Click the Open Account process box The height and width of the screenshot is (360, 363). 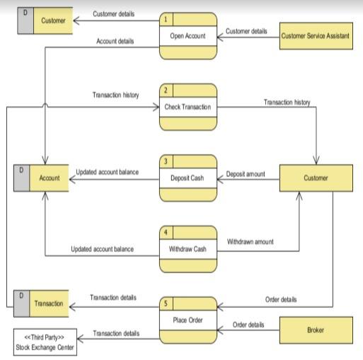pyautogui.click(x=188, y=35)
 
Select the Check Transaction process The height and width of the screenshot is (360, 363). pyautogui.click(x=188, y=107)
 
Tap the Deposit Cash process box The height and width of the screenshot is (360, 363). pyautogui.click(x=188, y=178)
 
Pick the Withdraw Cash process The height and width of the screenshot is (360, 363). pyautogui.click(x=188, y=249)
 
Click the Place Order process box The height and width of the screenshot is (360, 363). pyautogui.click(x=188, y=320)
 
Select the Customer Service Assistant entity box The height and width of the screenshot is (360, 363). pyautogui.click(x=315, y=35)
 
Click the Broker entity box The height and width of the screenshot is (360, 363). pyautogui.click(x=316, y=330)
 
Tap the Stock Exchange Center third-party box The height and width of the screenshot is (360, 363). pyautogui.click(x=44, y=342)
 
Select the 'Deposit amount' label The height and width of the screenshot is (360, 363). pyautogui.click(x=246, y=173)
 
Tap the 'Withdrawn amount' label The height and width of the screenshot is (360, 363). pyautogui.click(x=250, y=242)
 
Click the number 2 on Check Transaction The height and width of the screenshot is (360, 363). pyautogui.click(x=166, y=91)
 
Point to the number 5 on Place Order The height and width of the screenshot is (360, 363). pyautogui.click(x=166, y=303)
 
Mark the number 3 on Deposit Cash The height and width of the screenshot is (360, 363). pyautogui.click(x=166, y=161)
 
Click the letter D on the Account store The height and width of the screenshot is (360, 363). pyautogui.click(x=21, y=170)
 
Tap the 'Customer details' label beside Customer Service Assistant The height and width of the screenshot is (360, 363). pyautogui.click(x=246, y=31)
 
